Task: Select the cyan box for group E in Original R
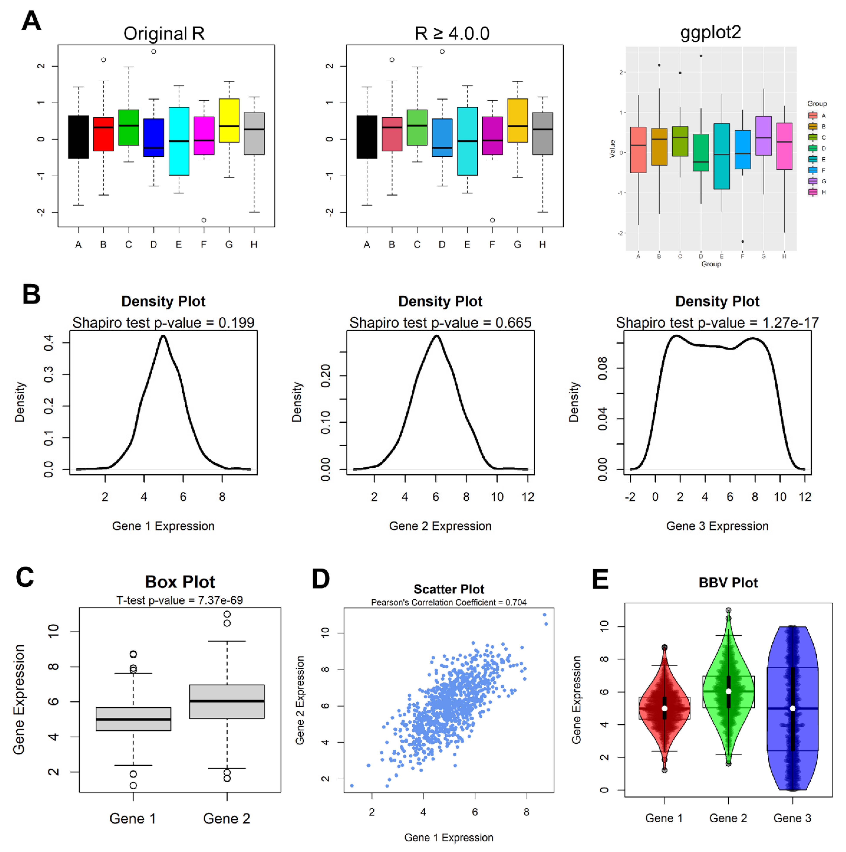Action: (x=178, y=141)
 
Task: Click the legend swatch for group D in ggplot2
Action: (x=812, y=148)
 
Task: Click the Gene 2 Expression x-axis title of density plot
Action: (x=440, y=526)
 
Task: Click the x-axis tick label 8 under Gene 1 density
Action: (x=222, y=497)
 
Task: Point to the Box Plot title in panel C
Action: (x=180, y=582)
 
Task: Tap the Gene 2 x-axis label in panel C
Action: (x=227, y=818)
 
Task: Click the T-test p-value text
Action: (x=179, y=600)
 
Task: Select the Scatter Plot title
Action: (x=449, y=589)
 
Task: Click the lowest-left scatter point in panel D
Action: (x=352, y=785)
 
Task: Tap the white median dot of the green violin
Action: (x=728, y=691)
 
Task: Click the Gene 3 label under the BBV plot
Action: (x=792, y=818)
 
